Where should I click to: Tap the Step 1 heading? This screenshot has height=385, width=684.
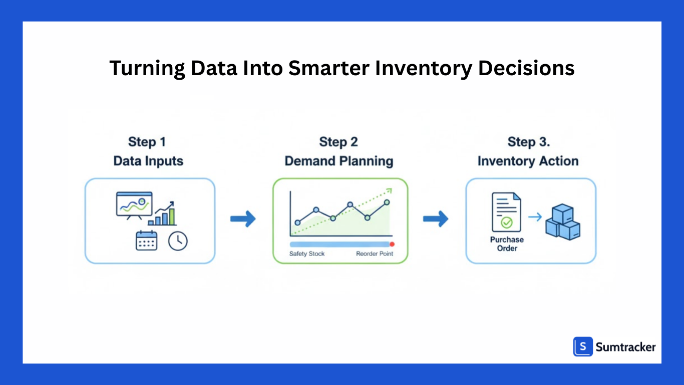tap(147, 142)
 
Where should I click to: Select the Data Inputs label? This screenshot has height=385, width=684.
tap(148, 161)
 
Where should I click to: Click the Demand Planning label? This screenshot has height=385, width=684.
tap(338, 161)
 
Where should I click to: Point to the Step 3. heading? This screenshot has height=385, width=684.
tap(529, 142)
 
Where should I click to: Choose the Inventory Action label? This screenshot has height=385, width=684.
tap(528, 161)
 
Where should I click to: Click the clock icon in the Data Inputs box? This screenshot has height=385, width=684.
tap(178, 241)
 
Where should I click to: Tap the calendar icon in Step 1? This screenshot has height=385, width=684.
tap(146, 241)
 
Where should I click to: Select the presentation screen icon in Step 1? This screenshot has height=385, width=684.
tap(134, 205)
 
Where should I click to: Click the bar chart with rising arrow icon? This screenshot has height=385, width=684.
tap(163, 214)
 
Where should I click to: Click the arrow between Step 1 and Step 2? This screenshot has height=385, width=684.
tap(243, 219)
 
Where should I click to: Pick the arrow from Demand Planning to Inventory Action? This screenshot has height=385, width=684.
tap(436, 219)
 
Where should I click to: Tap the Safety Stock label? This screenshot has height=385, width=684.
tap(307, 254)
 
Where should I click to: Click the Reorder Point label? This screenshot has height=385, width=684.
tap(375, 254)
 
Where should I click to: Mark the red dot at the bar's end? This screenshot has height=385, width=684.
tap(392, 244)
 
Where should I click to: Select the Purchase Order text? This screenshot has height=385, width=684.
tap(507, 244)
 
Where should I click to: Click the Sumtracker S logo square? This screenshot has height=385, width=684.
tap(583, 346)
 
